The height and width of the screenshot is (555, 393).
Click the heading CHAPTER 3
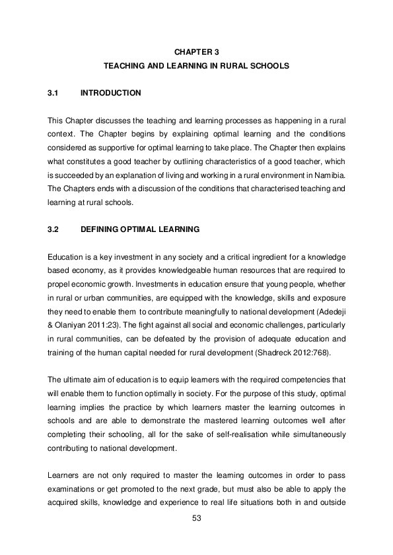click(x=196, y=51)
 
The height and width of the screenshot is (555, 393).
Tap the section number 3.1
click(x=54, y=93)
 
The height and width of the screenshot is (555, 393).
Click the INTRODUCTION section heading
click(x=110, y=93)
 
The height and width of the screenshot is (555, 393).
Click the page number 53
click(x=196, y=518)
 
